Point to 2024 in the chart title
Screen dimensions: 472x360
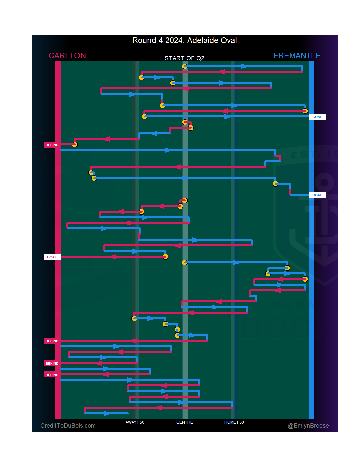pyautogui.click(x=174, y=41)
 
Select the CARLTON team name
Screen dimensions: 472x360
pyautogui.click(x=67, y=56)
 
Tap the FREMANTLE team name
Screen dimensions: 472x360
pyautogui.click(x=297, y=56)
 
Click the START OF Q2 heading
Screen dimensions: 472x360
pyautogui.click(x=184, y=58)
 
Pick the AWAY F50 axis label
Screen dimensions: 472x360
pyautogui.click(x=135, y=422)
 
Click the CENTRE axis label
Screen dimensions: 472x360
pyautogui.click(x=184, y=422)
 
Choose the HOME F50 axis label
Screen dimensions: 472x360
pyautogui.click(x=234, y=422)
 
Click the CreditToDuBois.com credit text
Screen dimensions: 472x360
pyautogui.click(x=68, y=426)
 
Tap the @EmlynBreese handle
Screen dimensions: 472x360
pyautogui.click(x=308, y=426)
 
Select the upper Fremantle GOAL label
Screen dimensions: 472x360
pyautogui.click(x=317, y=117)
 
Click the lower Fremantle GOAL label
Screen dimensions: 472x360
pyautogui.click(x=317, y=195)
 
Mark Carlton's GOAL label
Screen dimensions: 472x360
pyautogui.click(x=52, y=257)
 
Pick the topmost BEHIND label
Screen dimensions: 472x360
pyautogui.click(x=52, y=145)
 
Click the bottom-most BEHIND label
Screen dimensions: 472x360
pyautogui.click(x=52, y=375)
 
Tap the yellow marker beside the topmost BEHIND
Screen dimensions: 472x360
pyautogui.click(x=75, y=145)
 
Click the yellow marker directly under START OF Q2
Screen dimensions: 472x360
pyautogui.click(x=185, y=66)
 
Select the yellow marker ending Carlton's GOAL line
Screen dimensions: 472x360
pyautogui.click(x=165, y=257)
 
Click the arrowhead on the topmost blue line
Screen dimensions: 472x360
pyautogui.click(x=244, y=66)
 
